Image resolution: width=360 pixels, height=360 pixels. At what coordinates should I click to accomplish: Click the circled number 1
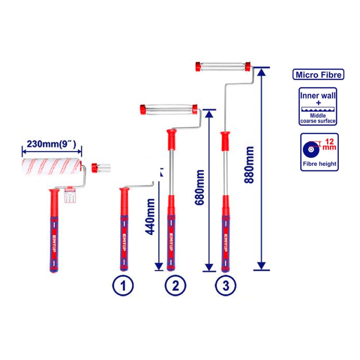tap(123, 286)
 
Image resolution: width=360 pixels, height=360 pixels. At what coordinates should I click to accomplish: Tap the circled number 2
tap(175, 286)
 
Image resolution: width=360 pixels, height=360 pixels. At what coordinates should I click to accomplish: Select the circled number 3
tap(226, 286)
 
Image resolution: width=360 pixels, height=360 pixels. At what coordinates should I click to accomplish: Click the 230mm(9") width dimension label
tap(51, 144)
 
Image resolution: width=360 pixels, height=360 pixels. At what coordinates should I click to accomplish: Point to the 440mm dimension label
tap(150, 217)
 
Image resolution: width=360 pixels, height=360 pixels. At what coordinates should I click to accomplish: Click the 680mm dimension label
tap(199, 187)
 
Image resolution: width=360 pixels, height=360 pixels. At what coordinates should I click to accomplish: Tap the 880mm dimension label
tap(249, 165)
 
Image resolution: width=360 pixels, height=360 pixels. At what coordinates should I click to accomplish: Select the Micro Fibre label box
tap(318, 74)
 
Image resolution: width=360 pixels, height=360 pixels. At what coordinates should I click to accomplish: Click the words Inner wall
tap(318, 95)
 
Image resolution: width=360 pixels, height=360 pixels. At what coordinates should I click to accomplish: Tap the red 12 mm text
tap(329, 144)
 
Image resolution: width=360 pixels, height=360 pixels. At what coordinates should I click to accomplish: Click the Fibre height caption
tap(319, 164)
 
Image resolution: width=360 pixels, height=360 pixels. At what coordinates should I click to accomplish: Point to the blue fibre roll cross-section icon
tap(311, 149)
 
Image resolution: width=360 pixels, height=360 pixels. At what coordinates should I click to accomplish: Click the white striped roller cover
tap(52, 166)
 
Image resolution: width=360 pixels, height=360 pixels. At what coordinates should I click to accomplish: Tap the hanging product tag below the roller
tap(70, 195)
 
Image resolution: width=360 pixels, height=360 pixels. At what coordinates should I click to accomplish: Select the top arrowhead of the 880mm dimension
tap(261, 72)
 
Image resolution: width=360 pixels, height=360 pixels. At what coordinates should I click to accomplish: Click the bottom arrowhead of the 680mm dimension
tap(209, 267)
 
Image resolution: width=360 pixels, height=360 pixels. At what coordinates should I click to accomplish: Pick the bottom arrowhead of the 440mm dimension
tap(159, 266)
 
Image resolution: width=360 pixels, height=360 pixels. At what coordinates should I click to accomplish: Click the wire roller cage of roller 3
tap(223, 66)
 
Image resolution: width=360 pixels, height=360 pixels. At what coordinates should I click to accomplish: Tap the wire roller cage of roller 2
tap(169, 109)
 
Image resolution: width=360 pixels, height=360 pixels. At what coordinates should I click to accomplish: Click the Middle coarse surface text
tap(318, 118)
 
